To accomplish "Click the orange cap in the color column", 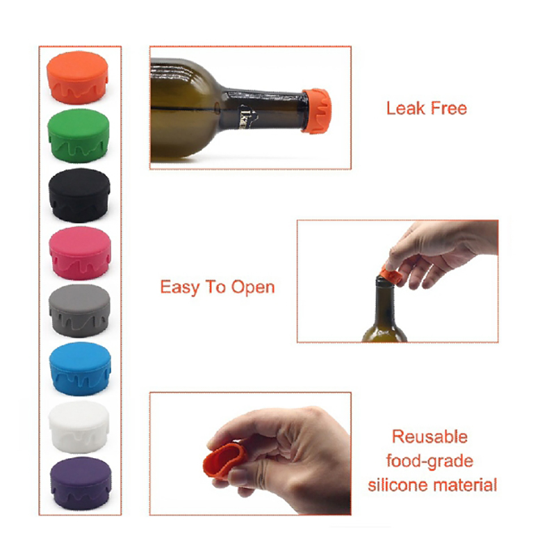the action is (x=77, y=77).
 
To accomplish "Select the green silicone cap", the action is (x=79, y=136).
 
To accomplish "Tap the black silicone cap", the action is (x=79, y=195).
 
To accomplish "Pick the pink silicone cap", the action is (x=80, y=253).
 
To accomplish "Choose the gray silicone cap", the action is (x=79, y=310).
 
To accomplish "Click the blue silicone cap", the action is (x=80, y=368).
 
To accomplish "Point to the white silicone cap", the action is (x=79, y=427).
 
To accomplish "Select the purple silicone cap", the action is (x=81, y=483).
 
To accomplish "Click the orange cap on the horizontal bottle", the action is (x=316, y=111).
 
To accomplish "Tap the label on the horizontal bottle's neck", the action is (x=247, y=116).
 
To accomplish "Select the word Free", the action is (x=448, y=108).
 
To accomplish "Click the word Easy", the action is (x=181, y=288).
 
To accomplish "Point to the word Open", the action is (x=253, y=288).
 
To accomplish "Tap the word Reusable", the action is (x=430, y=437).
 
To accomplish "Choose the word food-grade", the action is (x=430, y=461).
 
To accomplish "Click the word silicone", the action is (x=398, y=484).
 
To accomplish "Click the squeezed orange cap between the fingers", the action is (x=224, y=460).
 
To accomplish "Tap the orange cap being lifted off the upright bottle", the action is (x=391, y=274).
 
